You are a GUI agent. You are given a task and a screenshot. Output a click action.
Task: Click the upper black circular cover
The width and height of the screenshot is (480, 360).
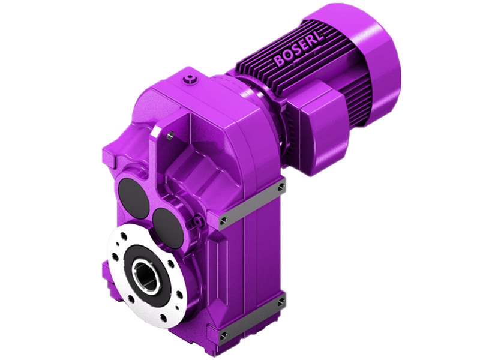(134, 197)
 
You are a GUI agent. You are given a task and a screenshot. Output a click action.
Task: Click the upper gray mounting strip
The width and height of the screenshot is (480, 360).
(252, 204)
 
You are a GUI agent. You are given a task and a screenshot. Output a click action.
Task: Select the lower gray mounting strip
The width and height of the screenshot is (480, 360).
(252, 318)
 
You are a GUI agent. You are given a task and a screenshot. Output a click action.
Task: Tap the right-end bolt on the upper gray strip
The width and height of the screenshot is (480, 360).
(280, 188)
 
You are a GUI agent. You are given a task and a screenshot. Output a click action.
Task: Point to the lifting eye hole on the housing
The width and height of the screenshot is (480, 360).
(170, 136)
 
